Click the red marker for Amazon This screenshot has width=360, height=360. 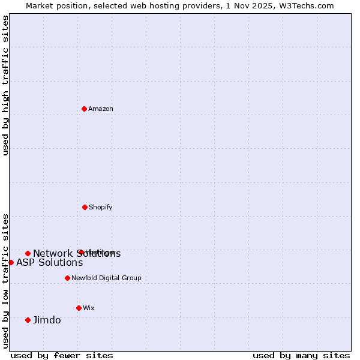point(85,109)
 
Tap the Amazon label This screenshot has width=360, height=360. point(101,109)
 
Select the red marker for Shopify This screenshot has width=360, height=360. point(85,207)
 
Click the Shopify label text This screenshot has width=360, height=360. point(101,207)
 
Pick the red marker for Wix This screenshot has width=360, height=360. point(79,308)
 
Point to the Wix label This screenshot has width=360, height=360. point(89,308)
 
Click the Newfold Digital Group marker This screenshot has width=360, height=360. point(67,278)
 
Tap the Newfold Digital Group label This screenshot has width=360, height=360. point(106,278)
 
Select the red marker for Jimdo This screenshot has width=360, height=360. point(28,320)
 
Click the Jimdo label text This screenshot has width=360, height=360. point(47,320)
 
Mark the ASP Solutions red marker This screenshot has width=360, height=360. point(11,262)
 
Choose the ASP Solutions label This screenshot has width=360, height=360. point(49,262)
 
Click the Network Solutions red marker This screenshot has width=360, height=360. point(28,253)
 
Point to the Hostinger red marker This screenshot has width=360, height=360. point(80,252)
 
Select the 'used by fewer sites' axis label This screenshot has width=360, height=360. point(62,355)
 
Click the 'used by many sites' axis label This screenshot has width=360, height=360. point(301,355)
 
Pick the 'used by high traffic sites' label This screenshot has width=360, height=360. point(5,85)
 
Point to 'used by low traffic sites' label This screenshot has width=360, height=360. point(5,280)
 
